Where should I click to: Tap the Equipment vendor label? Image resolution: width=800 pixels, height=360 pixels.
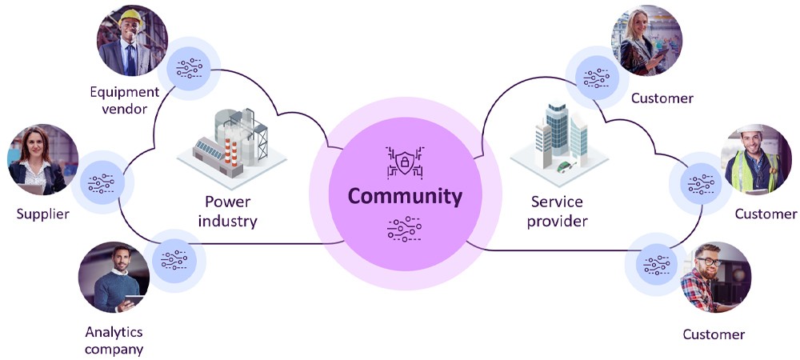click(124, 100)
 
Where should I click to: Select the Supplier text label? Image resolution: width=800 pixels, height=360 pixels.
click(42, 214)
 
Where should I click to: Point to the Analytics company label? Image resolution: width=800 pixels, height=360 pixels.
click(114, 340)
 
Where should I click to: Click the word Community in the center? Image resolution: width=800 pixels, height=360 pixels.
click(405, 196)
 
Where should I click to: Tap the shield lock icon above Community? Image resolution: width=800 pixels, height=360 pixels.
click(405, 162)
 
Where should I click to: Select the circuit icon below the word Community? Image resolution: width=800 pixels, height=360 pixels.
click(405, 228)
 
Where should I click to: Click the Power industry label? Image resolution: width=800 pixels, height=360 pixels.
click(230, 210)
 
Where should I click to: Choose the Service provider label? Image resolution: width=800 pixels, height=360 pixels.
click(558, 210)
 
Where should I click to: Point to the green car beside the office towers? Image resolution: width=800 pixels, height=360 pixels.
click(567, 167)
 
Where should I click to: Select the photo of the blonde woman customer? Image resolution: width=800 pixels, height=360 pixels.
click(646, 40)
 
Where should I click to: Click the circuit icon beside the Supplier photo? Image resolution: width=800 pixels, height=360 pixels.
click(100, 183)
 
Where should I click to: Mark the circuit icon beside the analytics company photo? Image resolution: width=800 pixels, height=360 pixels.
click(174, 259)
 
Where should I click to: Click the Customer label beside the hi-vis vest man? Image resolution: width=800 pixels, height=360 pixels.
click(766, 214)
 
